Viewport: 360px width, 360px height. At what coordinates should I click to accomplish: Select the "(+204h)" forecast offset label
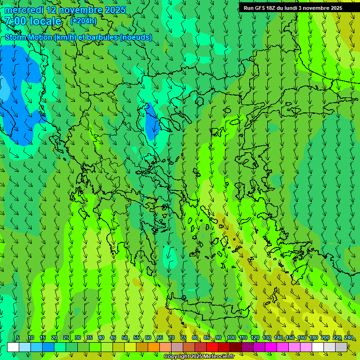tap(83, 21)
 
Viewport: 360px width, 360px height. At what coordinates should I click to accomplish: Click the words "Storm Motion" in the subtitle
tap(29, 37)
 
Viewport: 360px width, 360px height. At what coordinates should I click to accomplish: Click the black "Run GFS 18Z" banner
tap(292, 8)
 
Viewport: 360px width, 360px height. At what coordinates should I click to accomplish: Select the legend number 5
tap(18, 338)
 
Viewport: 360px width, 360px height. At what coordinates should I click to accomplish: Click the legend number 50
tap(124, 338)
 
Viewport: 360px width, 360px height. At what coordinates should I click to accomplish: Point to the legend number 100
tap(231, 338)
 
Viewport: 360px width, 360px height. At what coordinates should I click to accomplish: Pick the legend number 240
tap(349, 338)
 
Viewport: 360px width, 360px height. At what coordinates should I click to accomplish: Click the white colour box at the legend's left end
tap(13, 347)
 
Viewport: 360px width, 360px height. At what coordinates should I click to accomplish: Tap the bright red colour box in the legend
tap(212, 347)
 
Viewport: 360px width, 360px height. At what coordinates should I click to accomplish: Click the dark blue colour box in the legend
tap(48, 347)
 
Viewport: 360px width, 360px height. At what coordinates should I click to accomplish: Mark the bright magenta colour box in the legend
tap(271, 347)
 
